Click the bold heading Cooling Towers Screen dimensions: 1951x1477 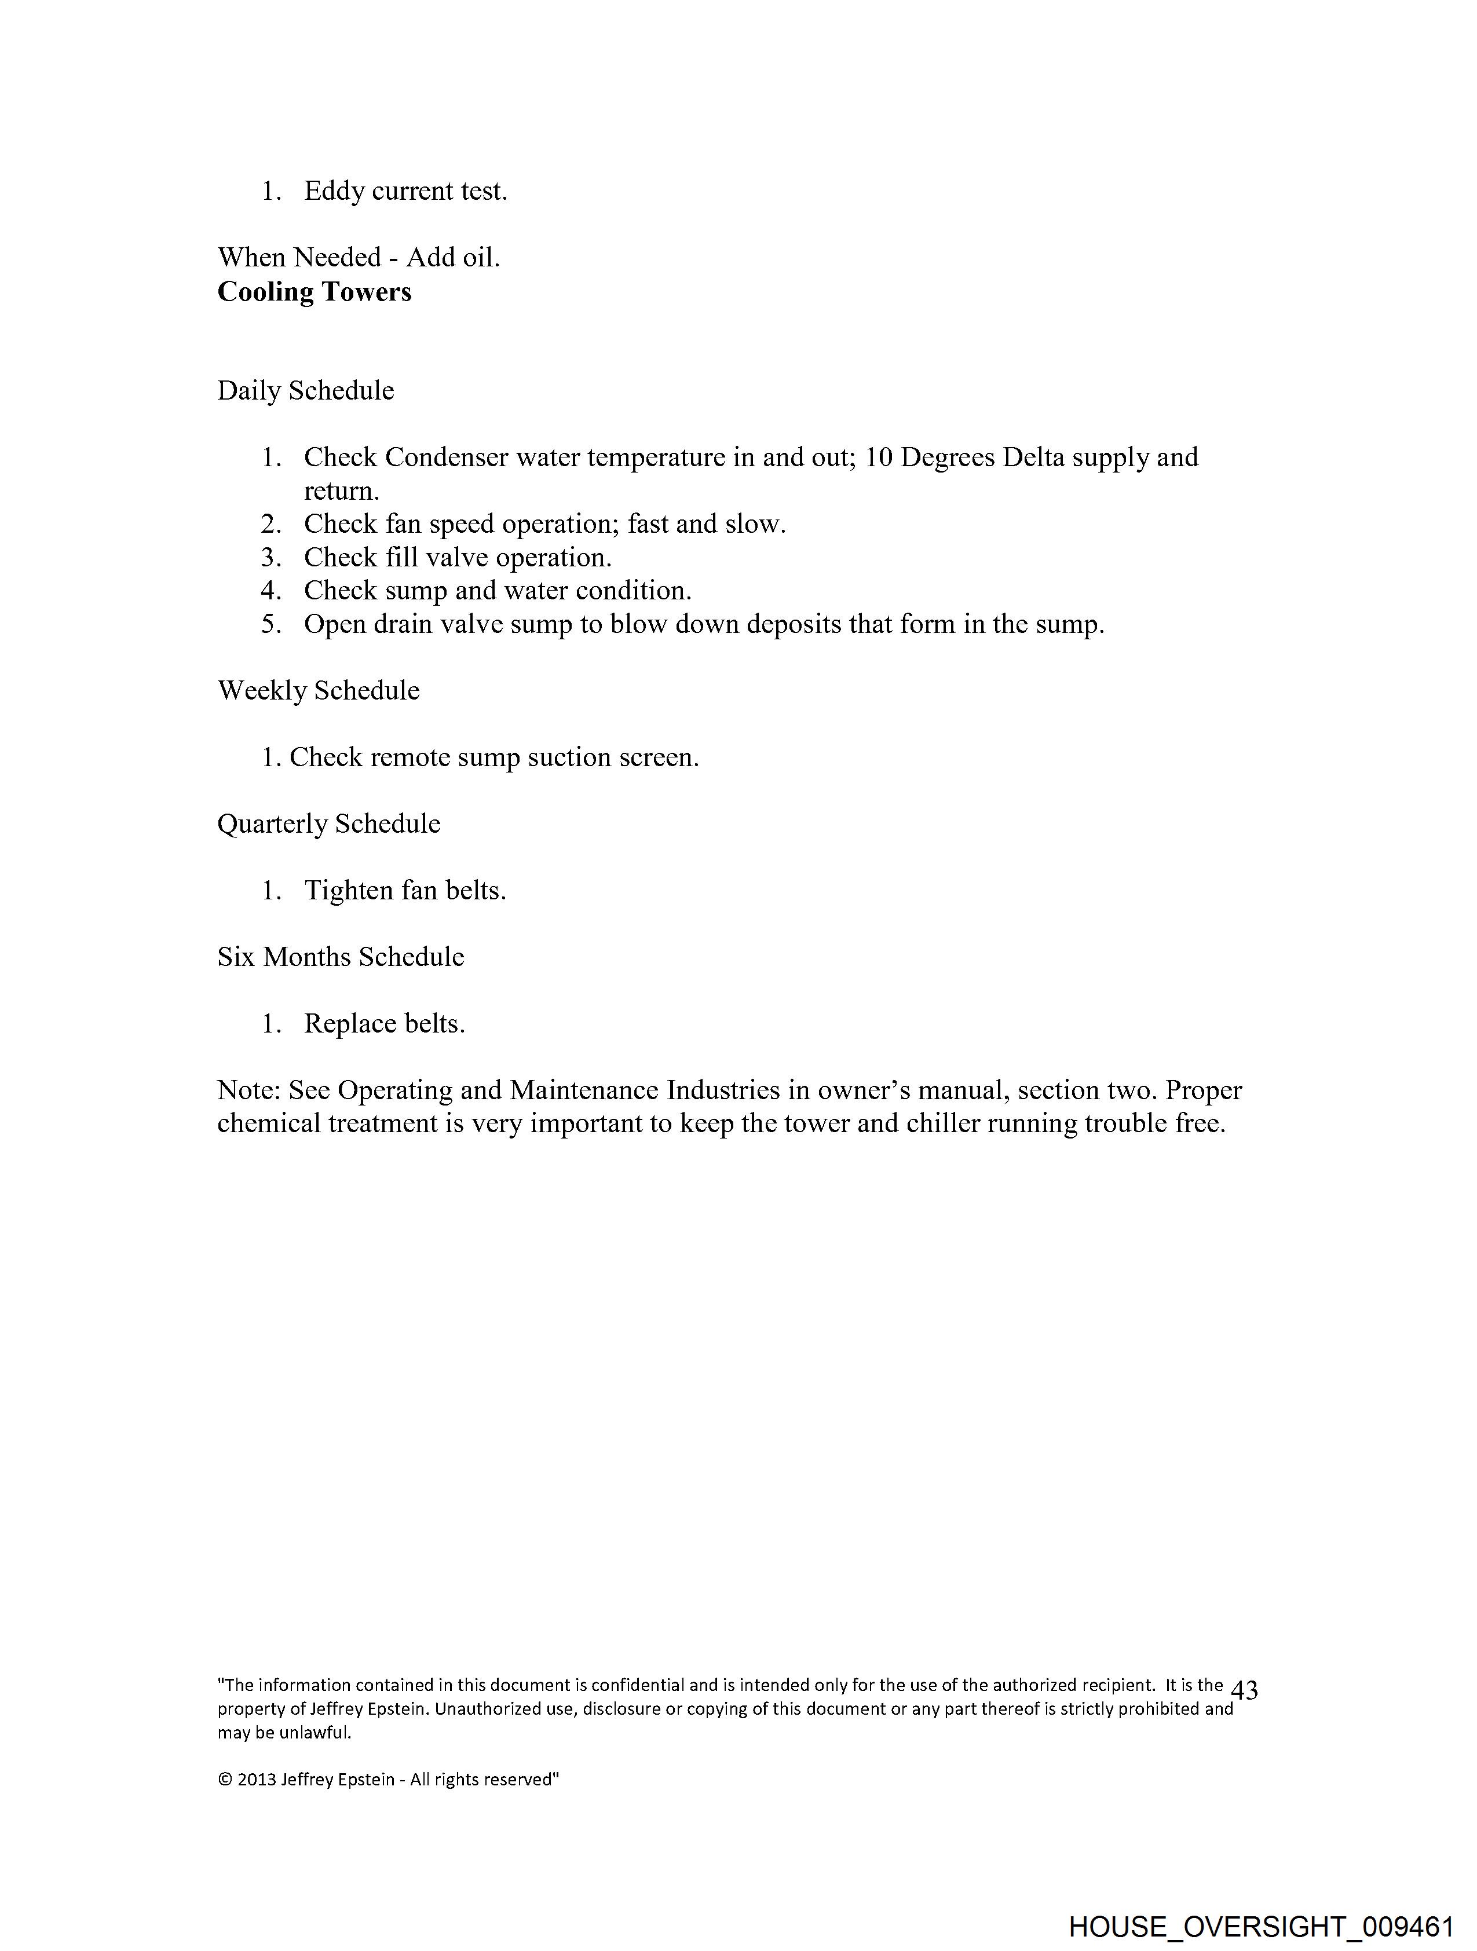314,292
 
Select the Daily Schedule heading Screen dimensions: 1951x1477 305,391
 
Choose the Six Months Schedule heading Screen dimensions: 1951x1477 341,957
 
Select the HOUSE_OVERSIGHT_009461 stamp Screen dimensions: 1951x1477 1261,1926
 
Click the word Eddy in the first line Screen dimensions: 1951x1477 334,192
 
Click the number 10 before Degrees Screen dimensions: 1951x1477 879,457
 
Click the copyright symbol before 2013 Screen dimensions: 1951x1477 224,1780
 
